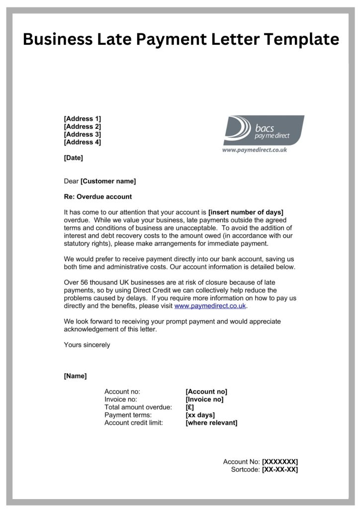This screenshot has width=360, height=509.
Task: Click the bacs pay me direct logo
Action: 263,130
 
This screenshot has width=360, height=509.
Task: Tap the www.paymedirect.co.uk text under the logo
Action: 254,150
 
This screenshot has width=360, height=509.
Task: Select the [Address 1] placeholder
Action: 83,119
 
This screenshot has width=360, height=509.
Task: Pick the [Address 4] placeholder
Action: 83,142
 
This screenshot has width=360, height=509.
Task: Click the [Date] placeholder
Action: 74,158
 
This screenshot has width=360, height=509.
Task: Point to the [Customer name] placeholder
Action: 108,181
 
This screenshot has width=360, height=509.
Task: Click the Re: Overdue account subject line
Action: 98,197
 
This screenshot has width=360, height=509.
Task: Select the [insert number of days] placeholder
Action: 246,212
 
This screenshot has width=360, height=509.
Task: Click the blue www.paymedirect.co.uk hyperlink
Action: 210,306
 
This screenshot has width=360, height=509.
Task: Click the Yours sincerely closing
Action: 87,345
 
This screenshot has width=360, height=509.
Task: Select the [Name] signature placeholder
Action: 75,376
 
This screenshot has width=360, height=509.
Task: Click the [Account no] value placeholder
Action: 206,392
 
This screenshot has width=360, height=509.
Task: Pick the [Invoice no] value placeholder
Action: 204,400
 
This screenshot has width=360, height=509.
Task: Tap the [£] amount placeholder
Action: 189,408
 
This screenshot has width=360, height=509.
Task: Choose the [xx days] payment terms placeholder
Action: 200,415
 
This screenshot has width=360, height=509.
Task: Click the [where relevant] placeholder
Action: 211,423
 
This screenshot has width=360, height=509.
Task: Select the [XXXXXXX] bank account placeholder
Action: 280,462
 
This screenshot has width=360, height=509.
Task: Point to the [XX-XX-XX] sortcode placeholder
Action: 279,470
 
